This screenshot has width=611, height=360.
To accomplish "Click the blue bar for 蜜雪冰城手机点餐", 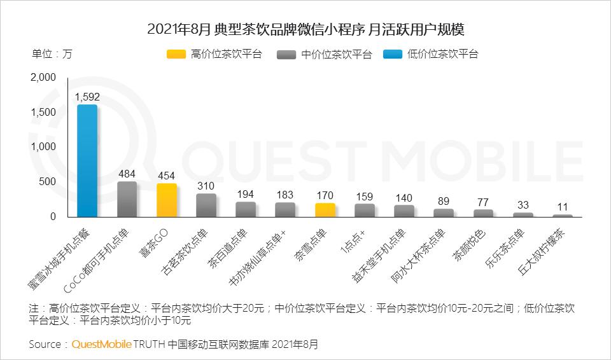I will tap(87, 161).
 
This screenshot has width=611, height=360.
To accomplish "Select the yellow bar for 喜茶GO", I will tap(167, 200).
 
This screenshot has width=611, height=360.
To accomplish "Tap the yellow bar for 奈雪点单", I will tap(325, 210).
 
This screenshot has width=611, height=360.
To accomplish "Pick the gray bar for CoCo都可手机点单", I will tap(127, 199).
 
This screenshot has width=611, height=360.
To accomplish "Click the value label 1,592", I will tap(87, 97).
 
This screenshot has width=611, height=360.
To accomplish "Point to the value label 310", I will tap(206, 186).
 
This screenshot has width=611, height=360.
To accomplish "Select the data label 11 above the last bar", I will tap(563, 207).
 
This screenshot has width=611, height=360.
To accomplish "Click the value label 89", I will tap(444, 201).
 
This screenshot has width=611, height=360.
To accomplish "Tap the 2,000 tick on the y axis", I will tap(43, 78).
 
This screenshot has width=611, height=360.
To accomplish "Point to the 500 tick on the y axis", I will tap(48, 182).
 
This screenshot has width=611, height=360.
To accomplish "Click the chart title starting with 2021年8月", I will tap(305, 29).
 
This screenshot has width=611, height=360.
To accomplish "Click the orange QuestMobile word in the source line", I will tap(101, 344).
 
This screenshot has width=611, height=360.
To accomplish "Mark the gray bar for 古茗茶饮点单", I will tap(206, 205).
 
